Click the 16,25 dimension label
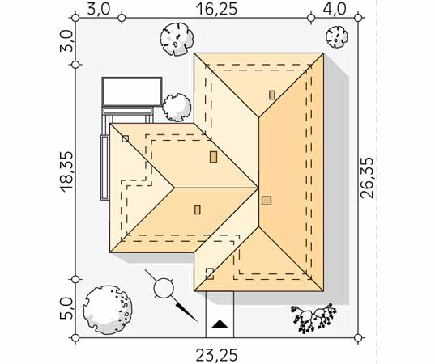coord(216,9)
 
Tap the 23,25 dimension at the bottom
coord(216,355)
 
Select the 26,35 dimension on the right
coord(367,178)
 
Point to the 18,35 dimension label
coord(66,171)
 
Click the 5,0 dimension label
coord(66,308)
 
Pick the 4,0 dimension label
coord(335,9)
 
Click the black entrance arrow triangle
coord(220,324)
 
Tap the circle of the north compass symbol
coord(164,288)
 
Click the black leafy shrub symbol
coord(314,318)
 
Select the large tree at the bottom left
coord(108,310)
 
